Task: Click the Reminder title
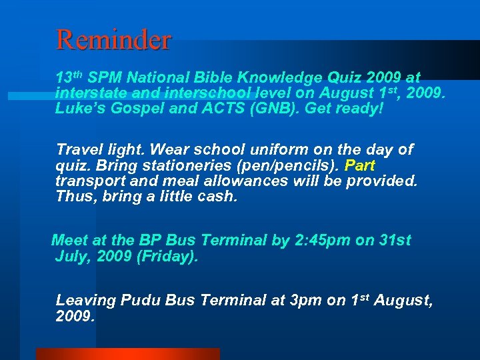point(114,39)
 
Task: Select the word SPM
point(103,77)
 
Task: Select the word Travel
point(78,149)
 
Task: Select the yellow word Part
point(360,165)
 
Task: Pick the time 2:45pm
point(322,240)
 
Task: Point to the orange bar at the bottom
point(127,354)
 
